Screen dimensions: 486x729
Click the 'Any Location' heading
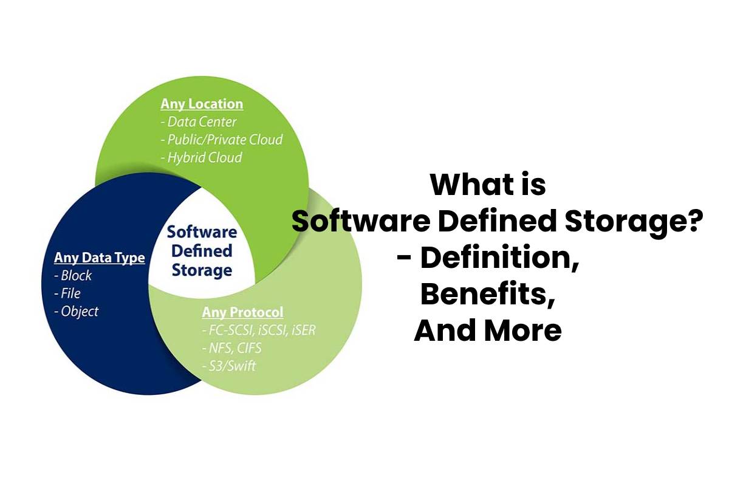point(202,104)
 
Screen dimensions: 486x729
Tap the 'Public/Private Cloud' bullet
point(222,139)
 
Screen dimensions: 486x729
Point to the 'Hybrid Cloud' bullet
point(201,157)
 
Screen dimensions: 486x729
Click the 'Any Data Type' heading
point(100,258)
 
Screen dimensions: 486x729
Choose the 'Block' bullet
point(73,275)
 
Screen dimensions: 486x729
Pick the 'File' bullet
point(67,293)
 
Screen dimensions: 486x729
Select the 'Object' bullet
point(76,311)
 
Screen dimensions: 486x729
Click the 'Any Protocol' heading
point(242,313)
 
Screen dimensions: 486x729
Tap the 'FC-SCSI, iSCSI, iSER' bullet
point(259,331)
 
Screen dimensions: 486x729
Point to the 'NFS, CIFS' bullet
point(232,349)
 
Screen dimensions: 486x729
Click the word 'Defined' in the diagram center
point(202,250)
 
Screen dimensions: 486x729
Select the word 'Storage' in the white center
point(202,269)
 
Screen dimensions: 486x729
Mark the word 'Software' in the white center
point(202,231)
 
